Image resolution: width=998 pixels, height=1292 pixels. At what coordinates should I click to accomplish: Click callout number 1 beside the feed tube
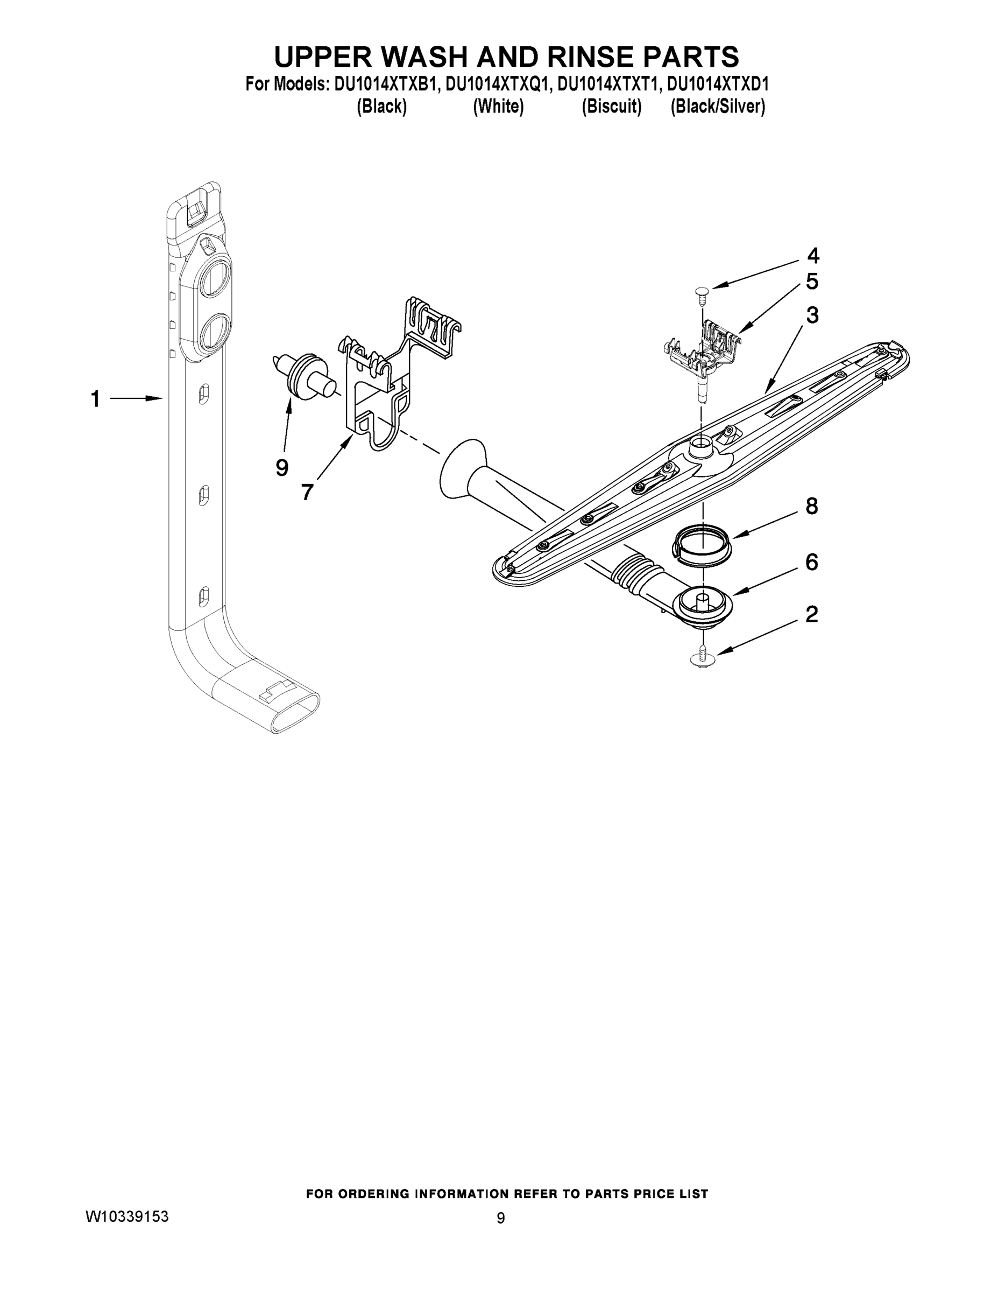pos(95,399)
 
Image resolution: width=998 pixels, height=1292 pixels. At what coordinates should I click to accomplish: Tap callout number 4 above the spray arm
pos(813,256)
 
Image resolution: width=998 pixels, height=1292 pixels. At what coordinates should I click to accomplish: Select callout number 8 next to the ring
pos(812,507)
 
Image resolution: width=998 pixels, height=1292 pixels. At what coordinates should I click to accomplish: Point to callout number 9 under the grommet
pos(282,468)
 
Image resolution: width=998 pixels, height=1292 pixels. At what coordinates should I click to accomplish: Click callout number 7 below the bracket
pos(307,492)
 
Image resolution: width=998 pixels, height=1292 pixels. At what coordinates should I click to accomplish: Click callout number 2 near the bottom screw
pos(812,615)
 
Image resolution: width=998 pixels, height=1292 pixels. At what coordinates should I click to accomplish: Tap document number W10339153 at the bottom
pos(127,1217)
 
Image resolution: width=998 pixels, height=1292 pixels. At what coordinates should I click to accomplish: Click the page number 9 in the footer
pos(500,1218)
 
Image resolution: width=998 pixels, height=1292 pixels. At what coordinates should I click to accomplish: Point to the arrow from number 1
pos(136,399)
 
